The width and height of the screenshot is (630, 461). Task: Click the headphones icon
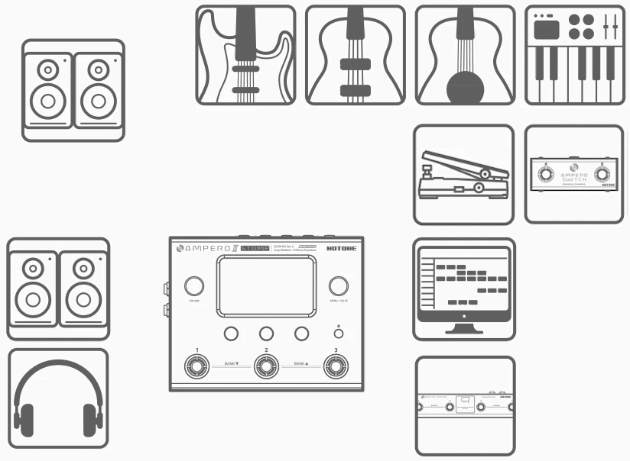pyautogui.click(x=58, y=398)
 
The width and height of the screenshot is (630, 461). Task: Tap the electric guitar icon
pyautogui.click(x=245, y=55)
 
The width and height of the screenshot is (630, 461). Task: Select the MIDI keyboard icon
pyautogui.click(x=574, y=55)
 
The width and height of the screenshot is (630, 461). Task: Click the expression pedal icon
pyautogui.click(x=463, y=175)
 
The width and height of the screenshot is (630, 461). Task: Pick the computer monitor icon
pyautogui.click(x=463, y=289)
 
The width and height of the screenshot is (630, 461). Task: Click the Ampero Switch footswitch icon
pyautogui.click(x=573, y=174)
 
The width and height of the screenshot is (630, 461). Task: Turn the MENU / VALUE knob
pyautogui.click(x=339, y=286)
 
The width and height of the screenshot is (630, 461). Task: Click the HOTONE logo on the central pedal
pyautogui.click(x=341, y=248)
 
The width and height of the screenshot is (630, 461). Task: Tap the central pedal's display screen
pyautogui.click(x=266, y=286)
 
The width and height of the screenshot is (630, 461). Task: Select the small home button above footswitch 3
pyautogui.click(x=338, y=334)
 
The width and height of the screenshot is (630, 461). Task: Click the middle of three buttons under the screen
pyautogui.click(x=266, y=334)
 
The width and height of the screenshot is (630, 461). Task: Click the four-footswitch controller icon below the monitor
pyautogui.click(x=465, y=405)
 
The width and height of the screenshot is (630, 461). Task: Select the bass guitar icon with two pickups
pyautogui.click(x=355, y=55)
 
